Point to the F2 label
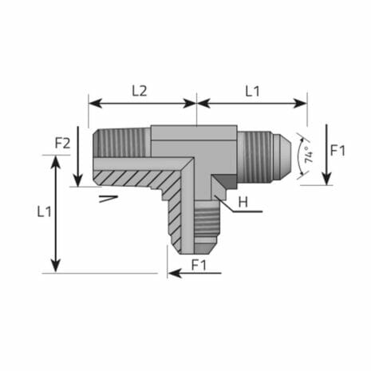click(63, 144)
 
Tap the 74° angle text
click(308, 153)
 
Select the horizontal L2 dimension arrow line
click(142, 102)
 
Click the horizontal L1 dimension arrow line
click(252, 102)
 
